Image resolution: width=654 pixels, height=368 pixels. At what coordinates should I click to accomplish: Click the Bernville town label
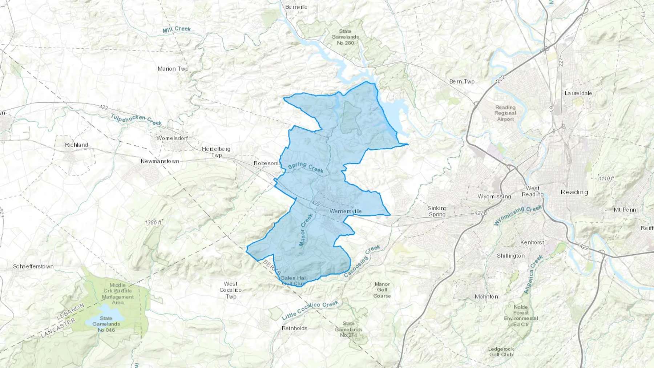[296, 7]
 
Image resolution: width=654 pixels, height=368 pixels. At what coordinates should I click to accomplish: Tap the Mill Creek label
[177, 29]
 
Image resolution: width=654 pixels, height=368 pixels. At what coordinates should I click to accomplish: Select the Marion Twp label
[173, 69]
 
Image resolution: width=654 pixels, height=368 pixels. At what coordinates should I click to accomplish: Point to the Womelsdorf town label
[172, 138]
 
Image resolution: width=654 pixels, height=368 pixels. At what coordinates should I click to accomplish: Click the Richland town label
[76, 145]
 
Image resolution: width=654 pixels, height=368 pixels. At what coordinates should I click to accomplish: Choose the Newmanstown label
[160, 161]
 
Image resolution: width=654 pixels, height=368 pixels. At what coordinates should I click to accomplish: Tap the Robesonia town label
[267, 163]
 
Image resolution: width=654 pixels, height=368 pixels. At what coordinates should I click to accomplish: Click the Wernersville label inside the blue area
[346, 211]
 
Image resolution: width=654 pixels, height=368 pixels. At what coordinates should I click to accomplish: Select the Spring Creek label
[306, 167]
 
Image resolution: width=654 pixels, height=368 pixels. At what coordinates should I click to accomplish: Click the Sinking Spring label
[437, 211]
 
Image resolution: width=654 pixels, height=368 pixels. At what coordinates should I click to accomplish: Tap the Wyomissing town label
[494, 197]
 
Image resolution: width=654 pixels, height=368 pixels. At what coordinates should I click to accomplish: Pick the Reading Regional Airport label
[505, 113]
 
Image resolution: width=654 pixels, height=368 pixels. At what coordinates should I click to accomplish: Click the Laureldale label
[578, 93]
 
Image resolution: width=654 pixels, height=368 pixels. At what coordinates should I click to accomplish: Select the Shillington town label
[511, 256]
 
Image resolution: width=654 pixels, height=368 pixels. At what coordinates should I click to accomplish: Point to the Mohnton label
[487, 297]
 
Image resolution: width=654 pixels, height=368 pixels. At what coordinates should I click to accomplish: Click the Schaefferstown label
[33, 267]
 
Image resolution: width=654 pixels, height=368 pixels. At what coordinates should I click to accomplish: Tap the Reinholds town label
[295, 328]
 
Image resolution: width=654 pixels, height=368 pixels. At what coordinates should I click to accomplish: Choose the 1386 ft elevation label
[153, 222]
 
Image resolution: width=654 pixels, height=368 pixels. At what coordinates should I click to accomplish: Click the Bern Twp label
[462, 82]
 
